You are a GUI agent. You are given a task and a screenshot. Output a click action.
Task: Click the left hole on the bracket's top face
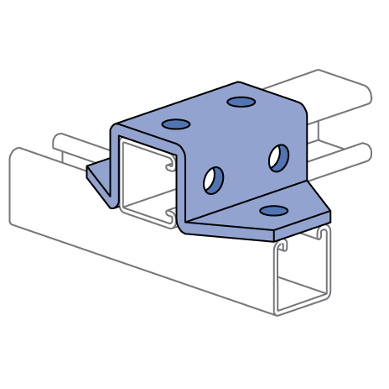click(176, 124)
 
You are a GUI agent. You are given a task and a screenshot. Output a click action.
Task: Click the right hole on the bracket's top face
click(241, 103)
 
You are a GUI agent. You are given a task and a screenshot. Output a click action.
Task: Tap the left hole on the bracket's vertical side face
click(214, 179)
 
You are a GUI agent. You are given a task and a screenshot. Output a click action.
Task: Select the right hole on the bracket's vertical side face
click(278, 155)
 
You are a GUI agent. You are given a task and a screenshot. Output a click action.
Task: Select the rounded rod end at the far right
click(366, 152)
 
